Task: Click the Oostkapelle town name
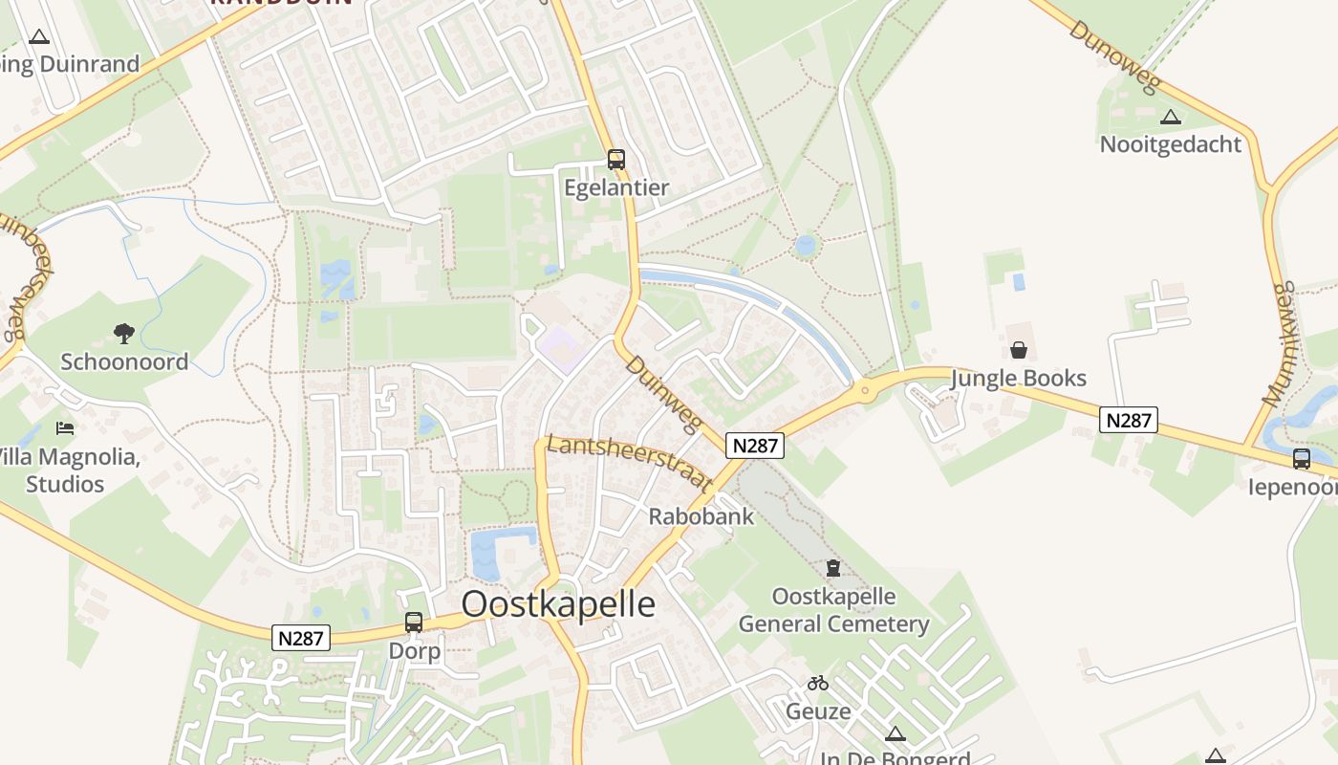pos(558,604)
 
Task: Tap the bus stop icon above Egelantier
pos(616,160)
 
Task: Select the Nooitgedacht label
pos(1170,144)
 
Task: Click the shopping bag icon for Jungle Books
pos(1019,350)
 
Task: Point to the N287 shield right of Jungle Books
pos(1129,419)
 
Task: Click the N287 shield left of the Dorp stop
pos(301,638)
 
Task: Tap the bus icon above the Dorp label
pos(414,623)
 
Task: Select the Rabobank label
pos(701,516)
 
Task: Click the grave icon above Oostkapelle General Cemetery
pos(833,568)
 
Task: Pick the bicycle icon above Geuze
pos(818,683)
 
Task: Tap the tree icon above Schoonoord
pos(123,334)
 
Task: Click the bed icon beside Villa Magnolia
pos(65,427)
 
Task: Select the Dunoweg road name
pos(1115,57)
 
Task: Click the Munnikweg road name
pos(1280,344)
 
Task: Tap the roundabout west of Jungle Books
pos(866,389)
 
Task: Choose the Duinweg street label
pos(663,395)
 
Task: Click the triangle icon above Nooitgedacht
pos(1171,118)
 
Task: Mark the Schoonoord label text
pos(124,361)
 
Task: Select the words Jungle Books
pos(1019,378)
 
